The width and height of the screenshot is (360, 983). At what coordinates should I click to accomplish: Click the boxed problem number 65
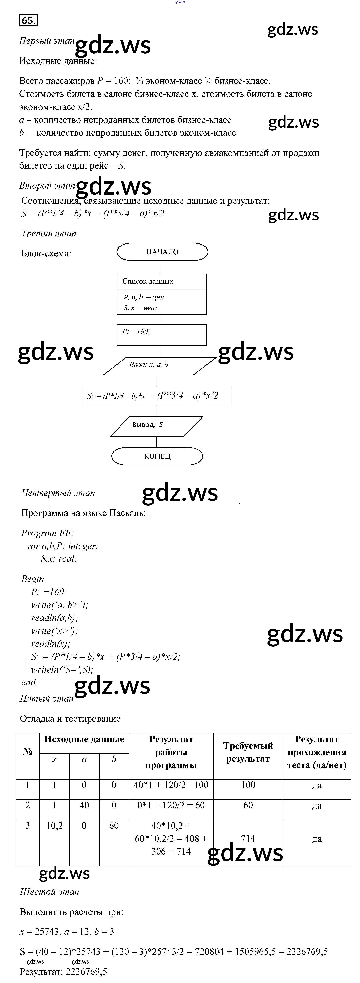[x=28, y=20]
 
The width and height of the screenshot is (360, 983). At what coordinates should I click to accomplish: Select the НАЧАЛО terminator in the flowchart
[x=162, y=252]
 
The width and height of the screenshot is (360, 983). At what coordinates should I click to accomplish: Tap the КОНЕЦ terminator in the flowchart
[x=157, y=456]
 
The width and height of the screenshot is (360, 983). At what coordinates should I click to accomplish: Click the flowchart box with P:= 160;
[x=161, y=335]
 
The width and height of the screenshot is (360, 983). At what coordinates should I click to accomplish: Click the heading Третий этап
[x=49, y=234]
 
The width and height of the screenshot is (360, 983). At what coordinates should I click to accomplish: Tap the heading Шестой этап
[x=50, y=892]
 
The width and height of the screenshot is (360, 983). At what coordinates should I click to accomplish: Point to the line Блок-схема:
[x=46, y=253]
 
